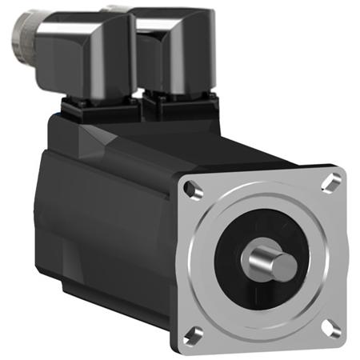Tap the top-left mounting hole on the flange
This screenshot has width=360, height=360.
click(190, 190)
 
